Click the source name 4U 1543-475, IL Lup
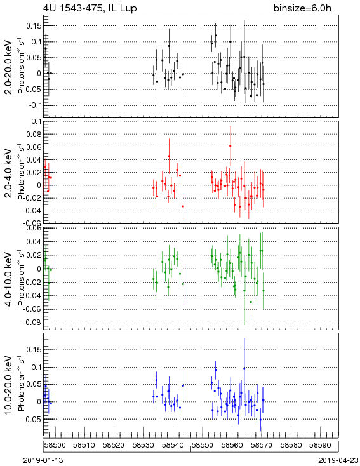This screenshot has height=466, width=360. click(x=90, y=8)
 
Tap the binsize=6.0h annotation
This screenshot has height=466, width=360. click(x=302, y=8)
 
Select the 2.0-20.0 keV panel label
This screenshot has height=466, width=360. click(x=9, y=67)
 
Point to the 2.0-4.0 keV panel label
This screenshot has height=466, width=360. click(x=9, y=173)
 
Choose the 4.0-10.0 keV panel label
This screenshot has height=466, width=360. click(x=9, y=279)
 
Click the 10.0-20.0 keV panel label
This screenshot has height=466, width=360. click(x=9, y=385)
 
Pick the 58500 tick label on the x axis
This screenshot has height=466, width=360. click(x=55, y=445)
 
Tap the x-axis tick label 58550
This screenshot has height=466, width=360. click(x=202, y=445)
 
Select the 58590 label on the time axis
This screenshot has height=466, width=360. click(x=321, y=445)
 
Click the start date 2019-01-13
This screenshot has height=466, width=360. click(x=43, y=460)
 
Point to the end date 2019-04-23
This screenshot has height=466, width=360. click(x=338, y=460)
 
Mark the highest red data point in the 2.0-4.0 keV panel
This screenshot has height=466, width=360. click(x=230, y=146)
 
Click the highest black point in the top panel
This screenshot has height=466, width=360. click(x=215, y=36)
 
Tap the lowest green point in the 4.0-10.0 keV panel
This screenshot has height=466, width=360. click(x=251, y=302)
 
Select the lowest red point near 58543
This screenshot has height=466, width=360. click(x=183, y=206)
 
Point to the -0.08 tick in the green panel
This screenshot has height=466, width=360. click(x=32, y=323)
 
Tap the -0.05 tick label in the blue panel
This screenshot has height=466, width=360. click(x=32, y=420)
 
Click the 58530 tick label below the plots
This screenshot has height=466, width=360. click(x=143, y=445)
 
